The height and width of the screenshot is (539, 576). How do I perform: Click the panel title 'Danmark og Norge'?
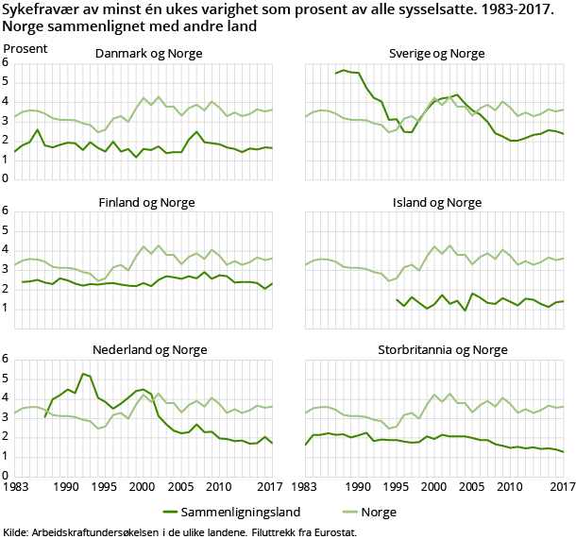coord(148,54)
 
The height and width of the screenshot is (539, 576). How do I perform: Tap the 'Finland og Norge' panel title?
coord(148,202)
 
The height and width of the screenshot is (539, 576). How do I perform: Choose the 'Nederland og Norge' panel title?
coord(148,350)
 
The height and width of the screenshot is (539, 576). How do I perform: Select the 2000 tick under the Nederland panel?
coord(143,486)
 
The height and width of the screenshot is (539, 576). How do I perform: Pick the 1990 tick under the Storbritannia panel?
coord(358,486)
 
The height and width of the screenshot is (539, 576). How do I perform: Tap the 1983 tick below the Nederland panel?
coord(15,486)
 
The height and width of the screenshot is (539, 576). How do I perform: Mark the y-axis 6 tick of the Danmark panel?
coord(6,62)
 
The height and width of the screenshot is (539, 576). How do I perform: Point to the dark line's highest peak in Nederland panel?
coord(83,374)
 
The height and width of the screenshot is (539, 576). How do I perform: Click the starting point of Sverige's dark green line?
coord(335,74)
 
